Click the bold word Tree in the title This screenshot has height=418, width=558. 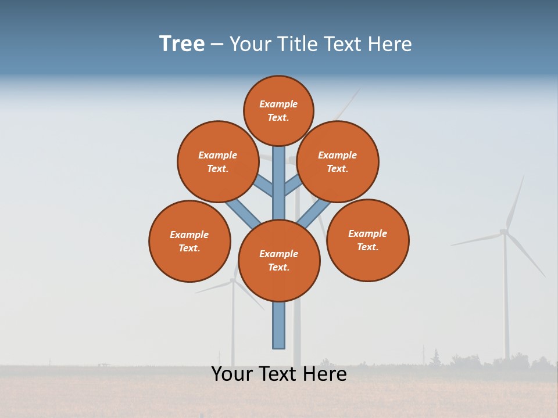182,44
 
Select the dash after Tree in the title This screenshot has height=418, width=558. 217,45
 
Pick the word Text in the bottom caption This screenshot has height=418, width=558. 280,374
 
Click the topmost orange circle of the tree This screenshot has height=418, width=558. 278,110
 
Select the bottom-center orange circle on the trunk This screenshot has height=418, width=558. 279,261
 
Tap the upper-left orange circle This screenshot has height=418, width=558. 218,161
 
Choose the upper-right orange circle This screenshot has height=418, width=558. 338,161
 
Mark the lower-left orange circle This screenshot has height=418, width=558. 189,241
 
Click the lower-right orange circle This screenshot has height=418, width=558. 367,240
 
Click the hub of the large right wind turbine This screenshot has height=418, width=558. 504,232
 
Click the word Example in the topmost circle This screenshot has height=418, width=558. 278,104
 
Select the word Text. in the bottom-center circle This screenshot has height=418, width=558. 278,268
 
